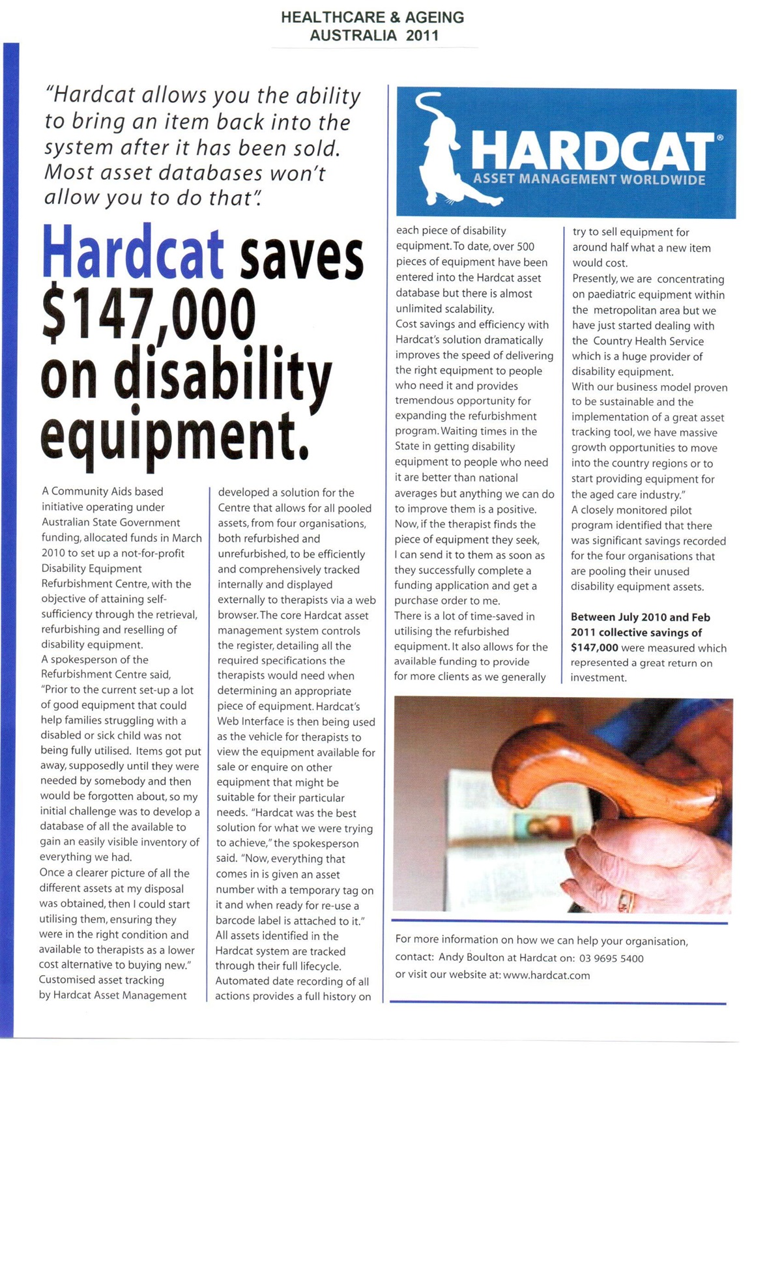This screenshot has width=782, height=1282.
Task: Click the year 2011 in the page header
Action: tap(422, 35)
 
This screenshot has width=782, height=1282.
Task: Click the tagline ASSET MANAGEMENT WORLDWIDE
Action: tap(589, 180)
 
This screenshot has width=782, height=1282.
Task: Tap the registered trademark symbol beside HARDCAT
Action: tap(719, 138)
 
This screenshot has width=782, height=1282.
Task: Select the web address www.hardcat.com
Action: tap(546, 975)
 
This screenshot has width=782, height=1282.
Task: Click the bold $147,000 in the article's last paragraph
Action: tap(594, 648)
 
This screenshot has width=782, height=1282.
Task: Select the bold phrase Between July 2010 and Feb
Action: tap(640, 617)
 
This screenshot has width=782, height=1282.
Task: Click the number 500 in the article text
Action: tap(525, 246)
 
